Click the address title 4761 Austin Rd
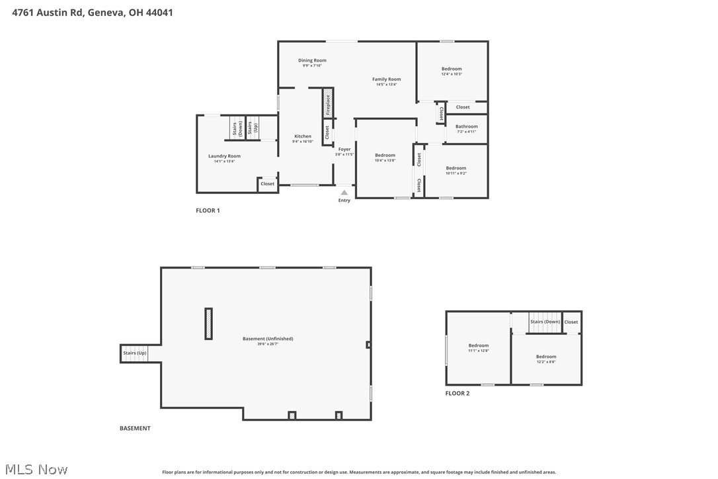(93, 12)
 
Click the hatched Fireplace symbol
(327, 104)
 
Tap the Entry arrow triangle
(344, 193)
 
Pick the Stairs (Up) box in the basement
(134, 353)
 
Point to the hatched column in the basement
(209, 324)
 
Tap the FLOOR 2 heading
(457, 393)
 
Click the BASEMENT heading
(135, 428)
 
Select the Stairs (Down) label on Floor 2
(545, 322)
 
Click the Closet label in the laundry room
(267, 184)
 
